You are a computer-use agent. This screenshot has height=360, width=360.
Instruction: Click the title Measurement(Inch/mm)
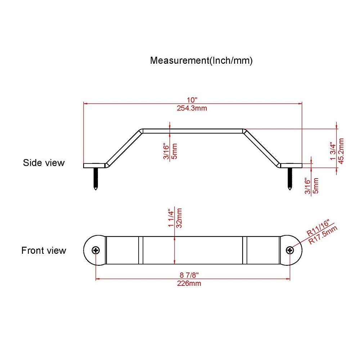201,60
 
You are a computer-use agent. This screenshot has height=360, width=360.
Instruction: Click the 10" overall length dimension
192,100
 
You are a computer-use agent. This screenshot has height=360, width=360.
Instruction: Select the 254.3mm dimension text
192,108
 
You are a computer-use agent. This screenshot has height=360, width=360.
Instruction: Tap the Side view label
44,163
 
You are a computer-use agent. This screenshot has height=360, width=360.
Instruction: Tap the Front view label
44,251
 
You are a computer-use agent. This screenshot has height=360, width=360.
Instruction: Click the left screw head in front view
96,250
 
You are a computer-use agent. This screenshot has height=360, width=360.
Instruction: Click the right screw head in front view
290,250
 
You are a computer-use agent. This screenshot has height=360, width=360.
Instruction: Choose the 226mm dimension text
189,283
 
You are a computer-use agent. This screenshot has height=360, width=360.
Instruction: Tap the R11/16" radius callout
318,228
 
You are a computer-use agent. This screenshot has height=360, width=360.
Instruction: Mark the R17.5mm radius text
323,234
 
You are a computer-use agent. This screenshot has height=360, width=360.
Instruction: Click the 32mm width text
179,218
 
